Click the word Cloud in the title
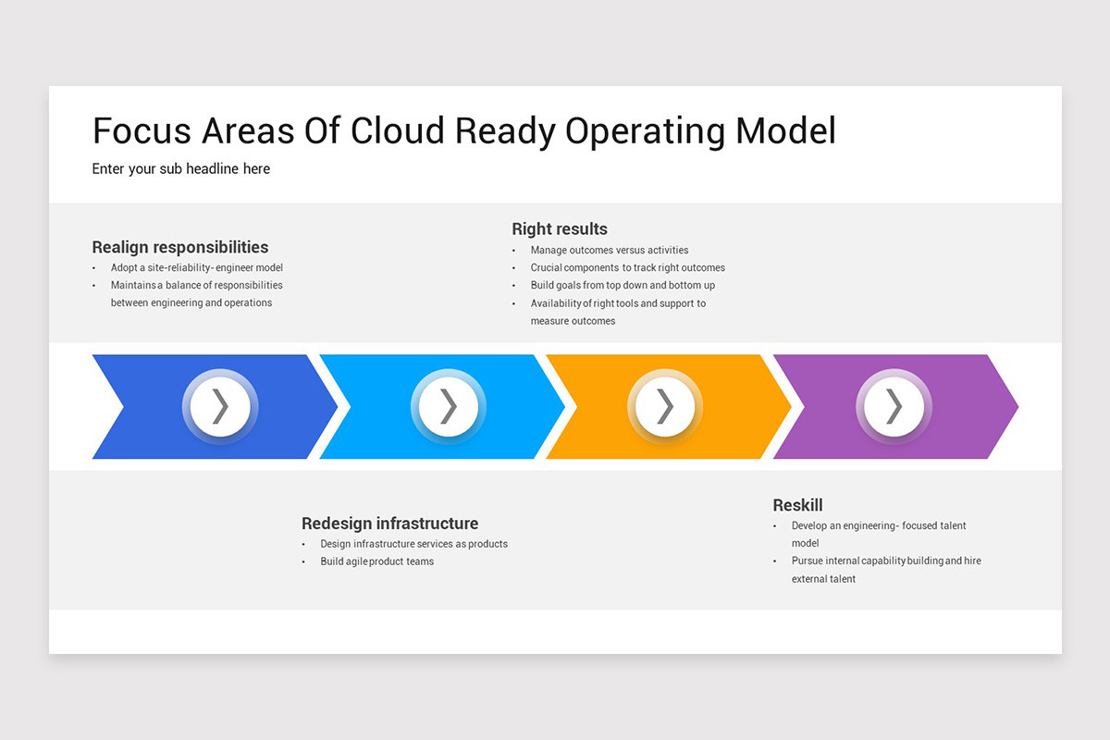[399, 131]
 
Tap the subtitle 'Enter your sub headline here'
[181, 168]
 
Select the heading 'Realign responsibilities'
[180, 247]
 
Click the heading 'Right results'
[560, 228]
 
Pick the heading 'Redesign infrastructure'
[389, 524]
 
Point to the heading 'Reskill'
[797, 505]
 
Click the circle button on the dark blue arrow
[220, 407]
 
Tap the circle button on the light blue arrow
[449, 407]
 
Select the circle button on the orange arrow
[665, 407]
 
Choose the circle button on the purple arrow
[894, 407]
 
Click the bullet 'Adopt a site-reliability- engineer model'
[196, 268]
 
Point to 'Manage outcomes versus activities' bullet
[609, 250]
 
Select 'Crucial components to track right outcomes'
[627, 268]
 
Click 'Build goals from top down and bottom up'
[623, 286]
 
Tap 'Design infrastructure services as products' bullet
[413, 544]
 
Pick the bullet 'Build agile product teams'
[376, 561]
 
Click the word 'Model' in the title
[785, 131]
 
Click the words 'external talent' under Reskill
[823, 579]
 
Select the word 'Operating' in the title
[645, 131]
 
